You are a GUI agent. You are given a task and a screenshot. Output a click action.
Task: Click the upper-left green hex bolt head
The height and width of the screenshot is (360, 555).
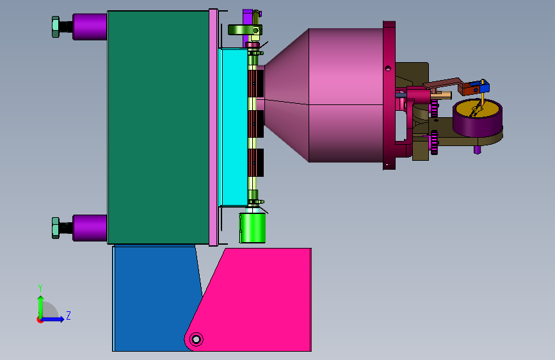56,27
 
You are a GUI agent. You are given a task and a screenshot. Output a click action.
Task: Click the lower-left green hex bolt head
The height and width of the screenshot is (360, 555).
56,228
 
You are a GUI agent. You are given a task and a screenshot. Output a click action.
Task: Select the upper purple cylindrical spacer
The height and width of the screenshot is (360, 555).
90,26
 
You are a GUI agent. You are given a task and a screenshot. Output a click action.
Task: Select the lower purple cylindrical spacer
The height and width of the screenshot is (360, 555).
90,228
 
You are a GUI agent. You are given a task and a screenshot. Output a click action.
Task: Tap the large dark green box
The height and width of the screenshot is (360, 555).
158,127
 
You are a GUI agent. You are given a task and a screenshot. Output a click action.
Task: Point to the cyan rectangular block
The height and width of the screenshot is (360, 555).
234,127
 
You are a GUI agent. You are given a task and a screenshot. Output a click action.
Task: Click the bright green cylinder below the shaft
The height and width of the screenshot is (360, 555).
252,228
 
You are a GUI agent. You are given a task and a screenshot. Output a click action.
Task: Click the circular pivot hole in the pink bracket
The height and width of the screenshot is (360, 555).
196,340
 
